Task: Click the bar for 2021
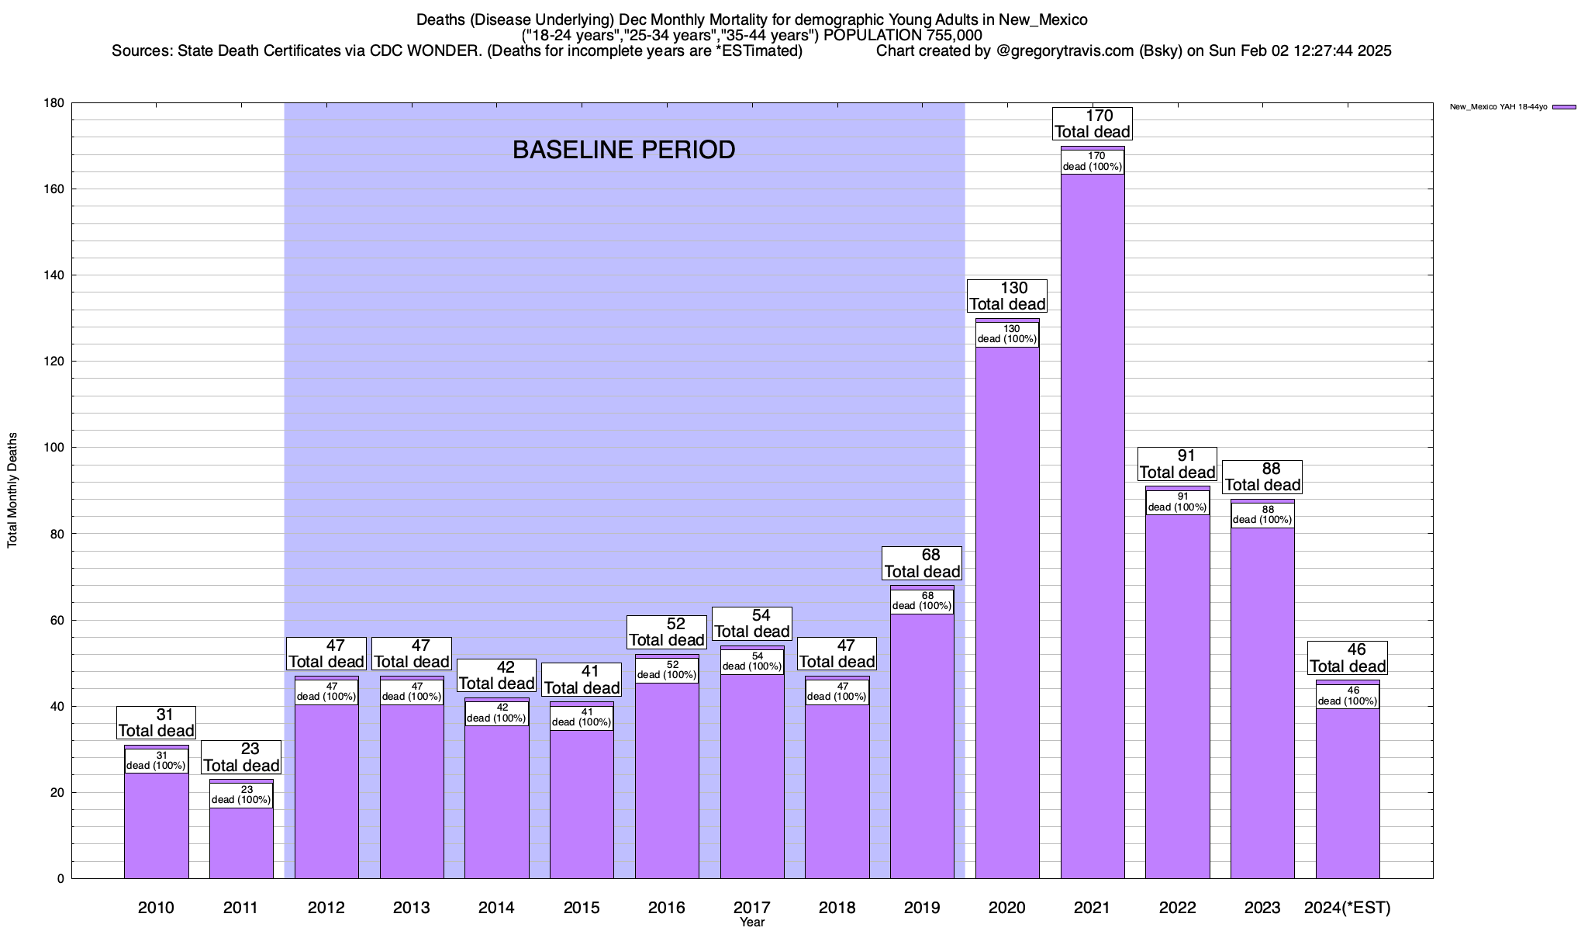[1093, 528]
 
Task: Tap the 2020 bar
[1007, 613]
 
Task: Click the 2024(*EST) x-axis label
[1348, 908]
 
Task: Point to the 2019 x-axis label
[922, 908]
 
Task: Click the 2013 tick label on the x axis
[412, 908]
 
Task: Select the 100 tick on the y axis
[55, 448]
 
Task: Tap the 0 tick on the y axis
[60, 879]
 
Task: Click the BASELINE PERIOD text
[624, 150]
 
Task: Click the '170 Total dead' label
[1093, 124]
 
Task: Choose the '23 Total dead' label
[241, 757]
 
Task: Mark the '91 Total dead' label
[1178, 464]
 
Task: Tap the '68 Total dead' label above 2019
[922, 563]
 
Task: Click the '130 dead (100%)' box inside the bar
[1007, 334]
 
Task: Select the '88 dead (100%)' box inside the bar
[1262, 515]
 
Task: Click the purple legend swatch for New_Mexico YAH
[1564, 107]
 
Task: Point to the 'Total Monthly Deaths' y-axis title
[12, 490]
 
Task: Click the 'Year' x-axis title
[752, 922]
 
